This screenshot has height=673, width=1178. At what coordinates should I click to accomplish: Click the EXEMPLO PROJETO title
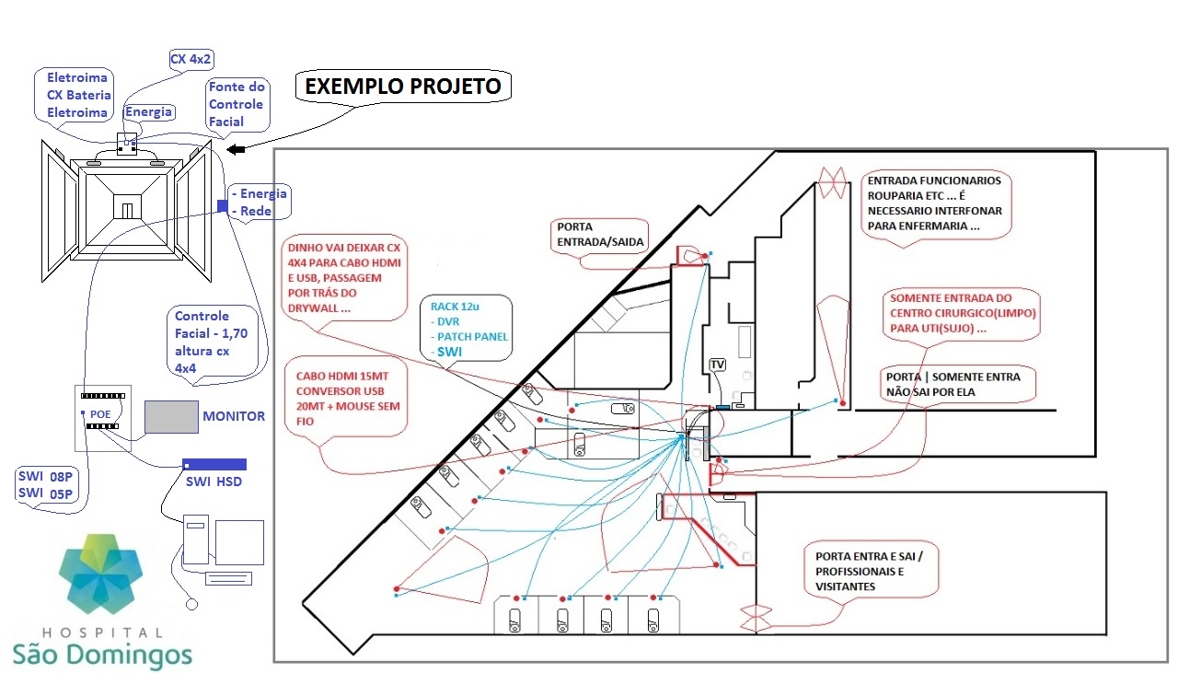point(403,87)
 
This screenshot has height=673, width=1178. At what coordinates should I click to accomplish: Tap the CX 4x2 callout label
point(191,59)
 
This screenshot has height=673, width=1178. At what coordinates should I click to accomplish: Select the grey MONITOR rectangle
point(171,417)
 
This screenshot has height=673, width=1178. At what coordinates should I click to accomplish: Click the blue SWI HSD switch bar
point(214,465)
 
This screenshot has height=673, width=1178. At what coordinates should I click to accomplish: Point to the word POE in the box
point(100,414)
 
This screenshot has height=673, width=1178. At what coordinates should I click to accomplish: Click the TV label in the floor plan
point(717,365)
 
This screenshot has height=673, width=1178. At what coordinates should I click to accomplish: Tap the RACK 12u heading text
point(455,307)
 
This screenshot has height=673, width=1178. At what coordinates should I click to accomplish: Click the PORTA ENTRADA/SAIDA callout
point(599,235)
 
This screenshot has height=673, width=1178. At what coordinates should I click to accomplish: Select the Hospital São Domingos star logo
point(100,573)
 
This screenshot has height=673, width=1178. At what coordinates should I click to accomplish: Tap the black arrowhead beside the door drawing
point(237,150)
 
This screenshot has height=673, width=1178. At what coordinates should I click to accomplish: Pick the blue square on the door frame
point(223,205)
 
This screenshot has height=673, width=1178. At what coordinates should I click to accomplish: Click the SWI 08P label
point(45,476)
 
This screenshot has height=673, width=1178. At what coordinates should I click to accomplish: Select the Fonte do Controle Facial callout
point(237,104)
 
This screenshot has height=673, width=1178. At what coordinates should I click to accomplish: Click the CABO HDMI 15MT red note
point(346,399)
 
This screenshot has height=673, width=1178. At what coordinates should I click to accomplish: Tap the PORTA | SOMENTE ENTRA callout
point(958,385)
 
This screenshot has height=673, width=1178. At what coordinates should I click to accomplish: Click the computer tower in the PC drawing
point(196,540)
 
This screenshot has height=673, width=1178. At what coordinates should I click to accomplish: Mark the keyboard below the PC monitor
point(229,579)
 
